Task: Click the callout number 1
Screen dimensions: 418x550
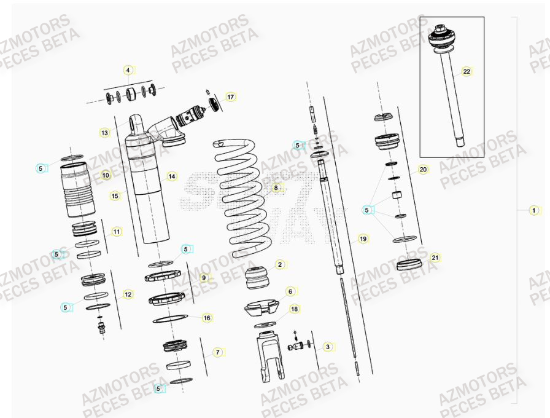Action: pyautogui.click(x=533, y=210)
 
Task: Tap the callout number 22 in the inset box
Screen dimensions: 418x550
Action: pyautogui.click(x=467, y=71)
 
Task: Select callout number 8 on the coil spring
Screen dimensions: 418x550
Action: pyautogui.click(x=276, y=187)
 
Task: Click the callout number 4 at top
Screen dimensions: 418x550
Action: pyautogui.click(x=128, y=70)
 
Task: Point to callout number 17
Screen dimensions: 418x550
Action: pyautogui.click(x=230, y=97)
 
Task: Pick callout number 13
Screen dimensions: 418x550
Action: pyautogui.click(x=104, y=132)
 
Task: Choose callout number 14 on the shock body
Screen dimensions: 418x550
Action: pyautogui.click(x=171, y=176)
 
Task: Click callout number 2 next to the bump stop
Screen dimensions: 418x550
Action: pyautogui.click(x=279, y=264)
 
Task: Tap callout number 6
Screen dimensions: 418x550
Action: pyautogui.click(x=290, y=291)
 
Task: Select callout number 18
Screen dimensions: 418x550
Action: pyautogui.click(x=294, y=309)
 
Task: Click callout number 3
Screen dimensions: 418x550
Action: pyautogui.click(x=327, y=347)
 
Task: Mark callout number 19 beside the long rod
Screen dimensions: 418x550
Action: pyautogui.click(x=362, y=239)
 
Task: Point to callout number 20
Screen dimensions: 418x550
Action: pyautogui.click(x=423, y=169)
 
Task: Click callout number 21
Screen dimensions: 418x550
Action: pyautogui.click(x=435, y=257)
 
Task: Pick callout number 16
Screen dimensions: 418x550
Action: pyautogui.click(x=207, y=318)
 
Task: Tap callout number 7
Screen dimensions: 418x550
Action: pyautogui.click(x=217, y=352)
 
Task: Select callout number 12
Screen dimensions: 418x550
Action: pyautogui.click(x=128, y=294)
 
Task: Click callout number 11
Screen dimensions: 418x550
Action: pyautogui.click(x=117, y=232)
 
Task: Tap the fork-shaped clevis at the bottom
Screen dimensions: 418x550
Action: pyautogui.click(x=269, y=357)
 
